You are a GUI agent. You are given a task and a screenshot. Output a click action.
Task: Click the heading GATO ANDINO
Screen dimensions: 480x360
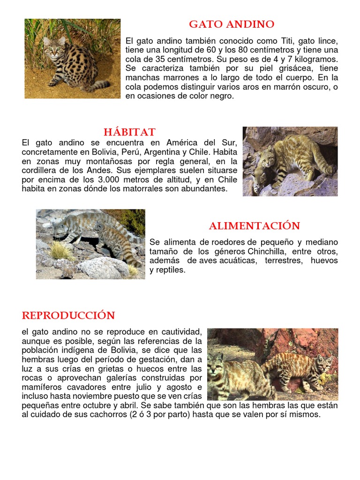(x=232, y=24)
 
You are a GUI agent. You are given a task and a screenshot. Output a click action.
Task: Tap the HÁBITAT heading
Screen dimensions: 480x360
(x=129, y=132)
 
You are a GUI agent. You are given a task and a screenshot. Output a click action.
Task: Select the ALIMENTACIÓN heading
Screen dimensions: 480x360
(x=254, y=226)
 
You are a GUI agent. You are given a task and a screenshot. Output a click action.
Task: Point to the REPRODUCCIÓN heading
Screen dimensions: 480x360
(x=68, y=315)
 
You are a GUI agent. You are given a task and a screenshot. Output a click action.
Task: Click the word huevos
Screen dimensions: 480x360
(x=324, y=261)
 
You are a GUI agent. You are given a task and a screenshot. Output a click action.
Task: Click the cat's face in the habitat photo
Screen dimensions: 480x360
(x=267, y=158)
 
